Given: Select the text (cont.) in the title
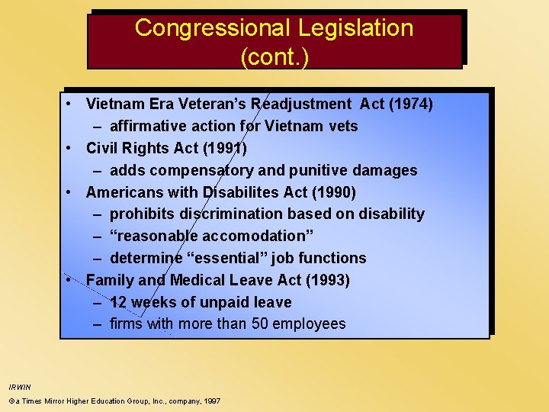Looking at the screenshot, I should (274, 58).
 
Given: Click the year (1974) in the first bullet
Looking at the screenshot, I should (411, 104).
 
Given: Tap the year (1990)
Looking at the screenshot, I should (332, 192).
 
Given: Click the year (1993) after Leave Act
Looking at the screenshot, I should (328, 280).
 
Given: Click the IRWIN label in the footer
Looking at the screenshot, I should (20, 387).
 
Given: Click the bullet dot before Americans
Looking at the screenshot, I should (69, 192).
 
